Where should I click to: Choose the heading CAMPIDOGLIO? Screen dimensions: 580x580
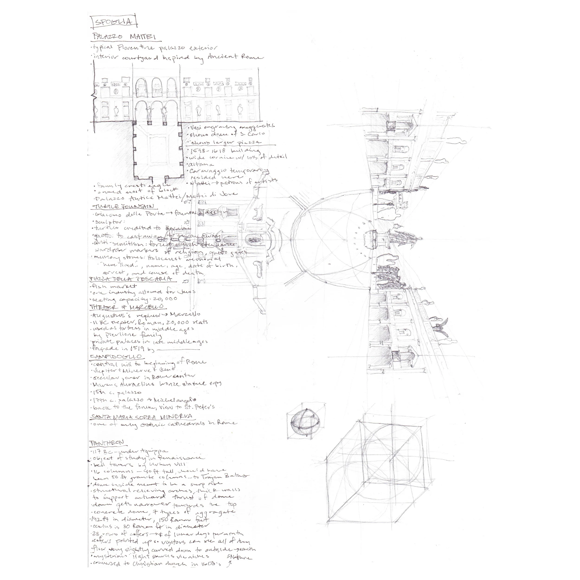click(x=116, y=357)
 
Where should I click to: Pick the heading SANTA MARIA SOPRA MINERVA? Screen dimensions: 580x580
click(x=141, y=417)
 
